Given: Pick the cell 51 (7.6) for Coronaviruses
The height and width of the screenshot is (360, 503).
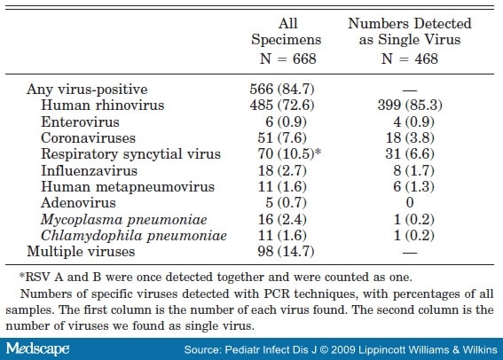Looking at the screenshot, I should point(278,138).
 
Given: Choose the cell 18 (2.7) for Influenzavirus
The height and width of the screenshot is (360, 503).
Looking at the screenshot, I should point(278,170).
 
